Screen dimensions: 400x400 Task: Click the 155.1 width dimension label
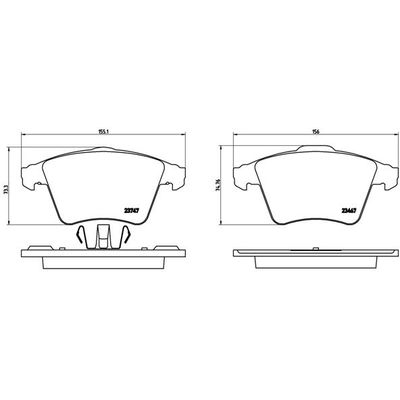coord(103,130)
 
